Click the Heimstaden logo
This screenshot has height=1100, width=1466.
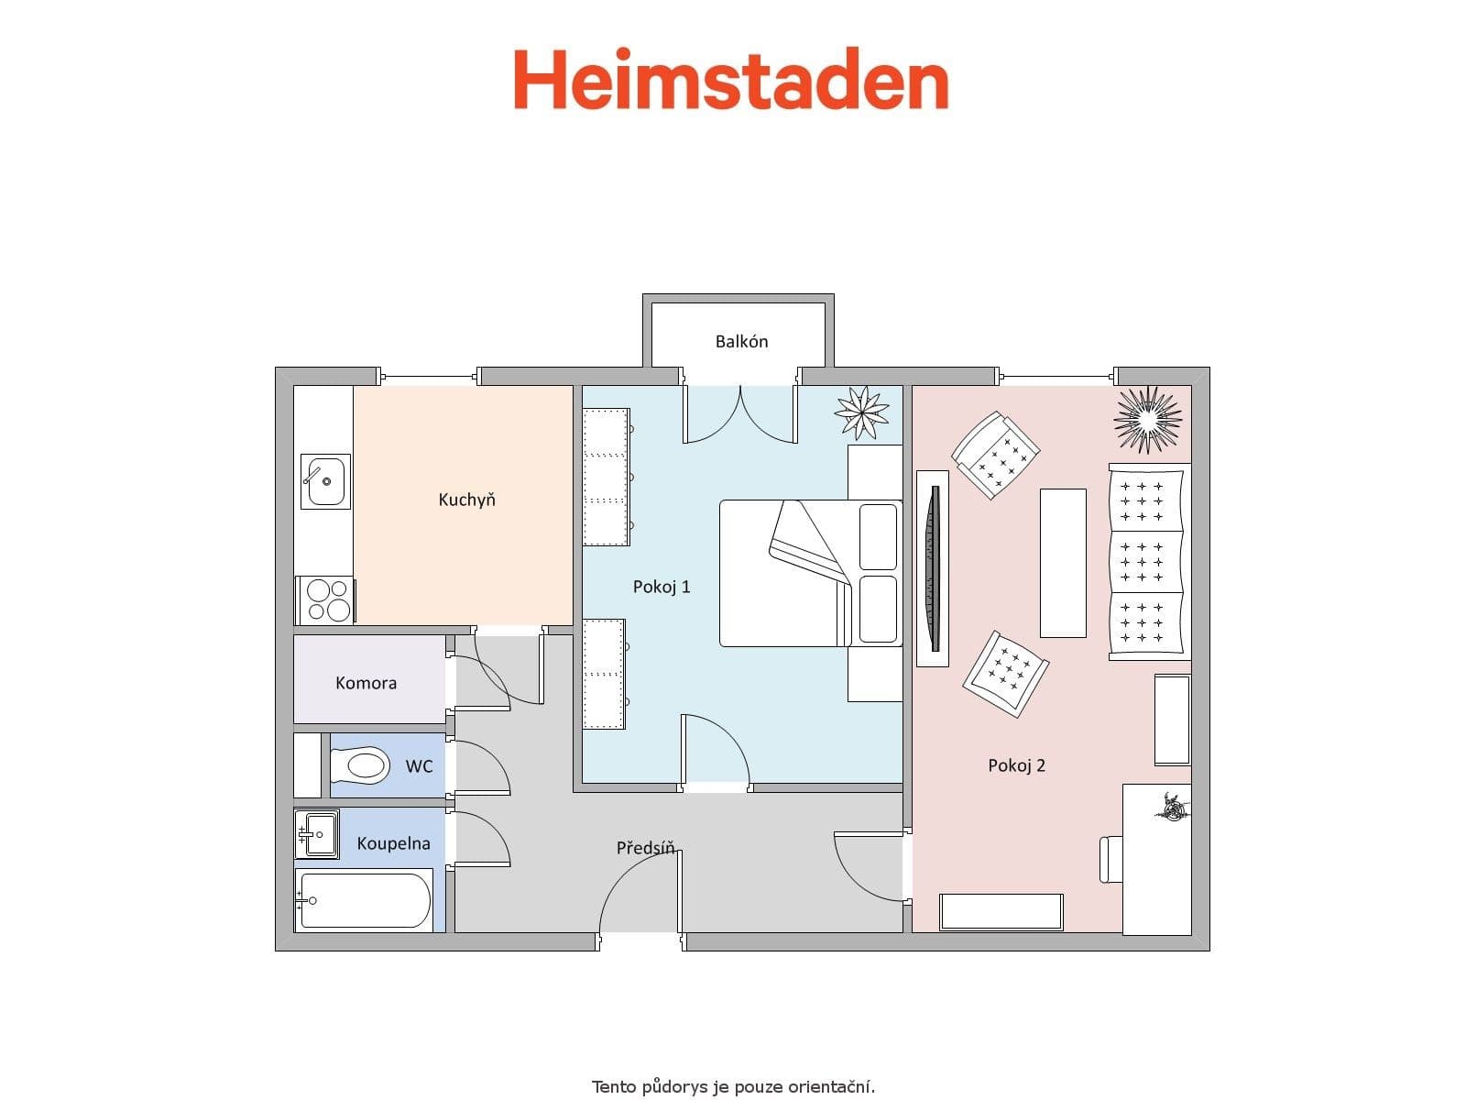730,81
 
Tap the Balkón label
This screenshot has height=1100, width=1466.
741,342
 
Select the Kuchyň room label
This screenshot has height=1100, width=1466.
466,500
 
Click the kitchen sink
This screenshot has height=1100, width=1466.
325,481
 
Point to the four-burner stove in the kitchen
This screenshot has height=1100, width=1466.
326,600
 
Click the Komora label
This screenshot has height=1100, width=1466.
366,683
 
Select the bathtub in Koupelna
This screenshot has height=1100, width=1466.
365,900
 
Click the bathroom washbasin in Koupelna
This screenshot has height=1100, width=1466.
317,833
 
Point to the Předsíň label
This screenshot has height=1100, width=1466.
646,848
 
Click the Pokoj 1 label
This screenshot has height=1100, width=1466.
662,587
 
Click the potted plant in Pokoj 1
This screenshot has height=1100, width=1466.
861,412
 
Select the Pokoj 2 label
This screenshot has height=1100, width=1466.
1016,765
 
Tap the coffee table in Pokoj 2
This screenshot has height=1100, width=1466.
1063,563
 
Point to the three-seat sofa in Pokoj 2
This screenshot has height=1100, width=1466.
1149,562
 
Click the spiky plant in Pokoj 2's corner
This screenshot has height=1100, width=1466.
1147,418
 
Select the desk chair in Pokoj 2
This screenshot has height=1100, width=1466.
1110,859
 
